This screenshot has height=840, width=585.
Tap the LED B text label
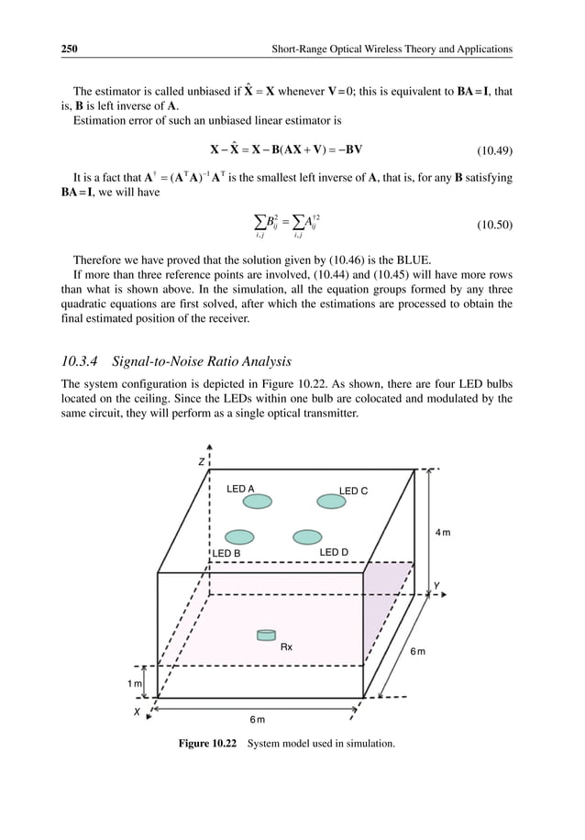tap(226, 554)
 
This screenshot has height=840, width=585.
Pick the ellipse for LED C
tap(331, 502)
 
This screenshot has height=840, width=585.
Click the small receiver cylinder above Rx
tap(266, 636)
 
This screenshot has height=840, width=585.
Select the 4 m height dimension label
tap(442, 533)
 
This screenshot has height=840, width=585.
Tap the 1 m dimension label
tap(135, 683)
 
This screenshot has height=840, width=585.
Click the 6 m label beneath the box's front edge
tap(259, 721)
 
